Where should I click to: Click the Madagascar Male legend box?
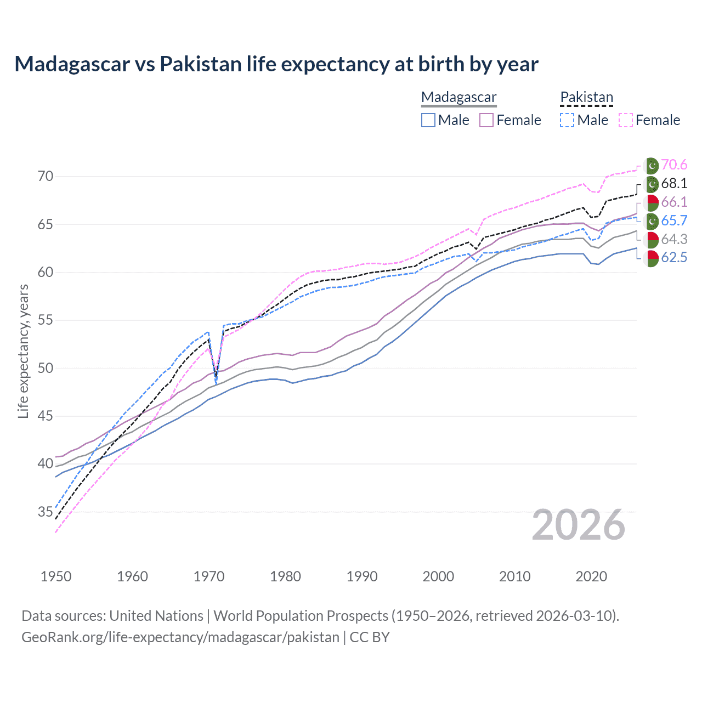[x=428, y=120]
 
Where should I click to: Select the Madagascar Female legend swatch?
[x=486, y=120]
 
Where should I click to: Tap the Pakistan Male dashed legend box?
[x=567, y=120]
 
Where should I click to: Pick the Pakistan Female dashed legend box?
[x=626, y=120]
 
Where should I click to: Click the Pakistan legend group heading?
[x=586, y=97]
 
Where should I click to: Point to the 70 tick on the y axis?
[x=46, y=177]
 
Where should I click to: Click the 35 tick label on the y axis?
[x=46, y=512]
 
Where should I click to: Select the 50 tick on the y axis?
[x=46, y=368]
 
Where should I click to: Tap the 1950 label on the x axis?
[x=56, y=576]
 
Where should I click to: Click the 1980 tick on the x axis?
[x=285, y=576]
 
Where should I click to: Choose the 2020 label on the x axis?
[x=591, y=576]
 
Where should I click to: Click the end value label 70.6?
[x=674, y=165]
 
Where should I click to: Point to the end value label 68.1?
[x=674, y=184]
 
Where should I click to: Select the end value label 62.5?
[x=674, y=258]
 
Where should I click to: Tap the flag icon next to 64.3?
[x=651, y=240]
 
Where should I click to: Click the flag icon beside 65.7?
[x=651, y=221]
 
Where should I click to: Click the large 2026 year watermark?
[x=578, y=525]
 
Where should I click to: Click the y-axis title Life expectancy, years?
[x=23, y=351]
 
